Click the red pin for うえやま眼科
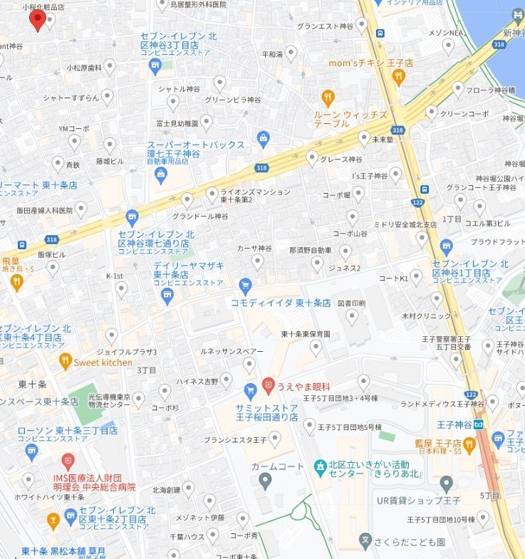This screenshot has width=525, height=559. pos(268,385)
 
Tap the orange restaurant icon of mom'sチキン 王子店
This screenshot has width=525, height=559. pos(398,76)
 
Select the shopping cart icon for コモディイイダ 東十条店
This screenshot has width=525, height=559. pos(245,286)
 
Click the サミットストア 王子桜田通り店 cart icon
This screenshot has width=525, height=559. pos(250,391)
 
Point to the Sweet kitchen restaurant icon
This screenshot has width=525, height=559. pos(66,362)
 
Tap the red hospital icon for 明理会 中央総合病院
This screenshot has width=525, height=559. pos(68,461)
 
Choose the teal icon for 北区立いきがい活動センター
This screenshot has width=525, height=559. pos(320,466)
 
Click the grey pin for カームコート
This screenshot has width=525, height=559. pos(266,481)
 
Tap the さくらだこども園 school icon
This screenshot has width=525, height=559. pos(365,540)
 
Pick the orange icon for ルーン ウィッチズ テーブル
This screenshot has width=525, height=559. pos(327,98)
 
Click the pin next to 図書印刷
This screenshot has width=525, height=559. pos(352,317)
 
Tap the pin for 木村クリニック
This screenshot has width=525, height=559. pos(437,300)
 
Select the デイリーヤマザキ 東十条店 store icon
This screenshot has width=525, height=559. pos(168,296)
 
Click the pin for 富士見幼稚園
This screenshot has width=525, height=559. pos(206,122)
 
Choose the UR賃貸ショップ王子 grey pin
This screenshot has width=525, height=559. pos(447,484)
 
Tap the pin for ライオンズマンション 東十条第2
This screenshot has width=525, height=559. pos(212,193)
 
